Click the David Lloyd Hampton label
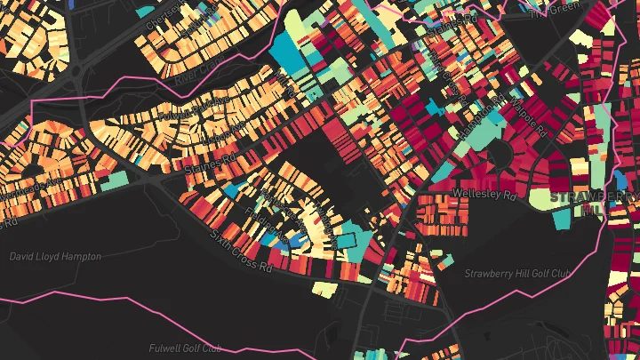tap(55, 256)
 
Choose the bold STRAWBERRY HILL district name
tap(594, 196)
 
